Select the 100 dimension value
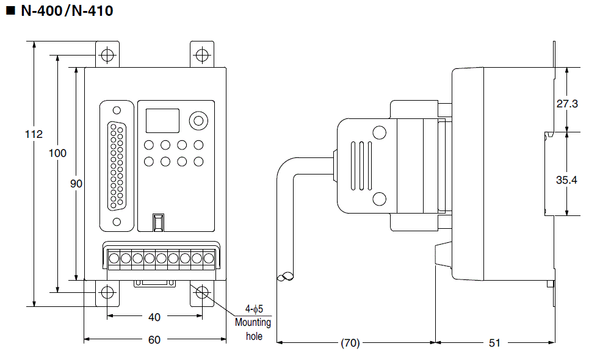coord(57,153)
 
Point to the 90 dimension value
coord(76,184)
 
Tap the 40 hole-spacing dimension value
coord(154,317)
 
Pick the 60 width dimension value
coord(154,339)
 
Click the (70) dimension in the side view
coord(350,343)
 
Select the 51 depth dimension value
coord(494,343)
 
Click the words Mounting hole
coord(253,329)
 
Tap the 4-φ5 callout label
coord(253,309)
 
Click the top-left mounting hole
coord(107,55)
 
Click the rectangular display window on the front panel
coord(162,120)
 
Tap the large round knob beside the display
coord(197,120)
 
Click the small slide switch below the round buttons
coord(159,222)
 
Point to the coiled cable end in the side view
coord(285,278)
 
